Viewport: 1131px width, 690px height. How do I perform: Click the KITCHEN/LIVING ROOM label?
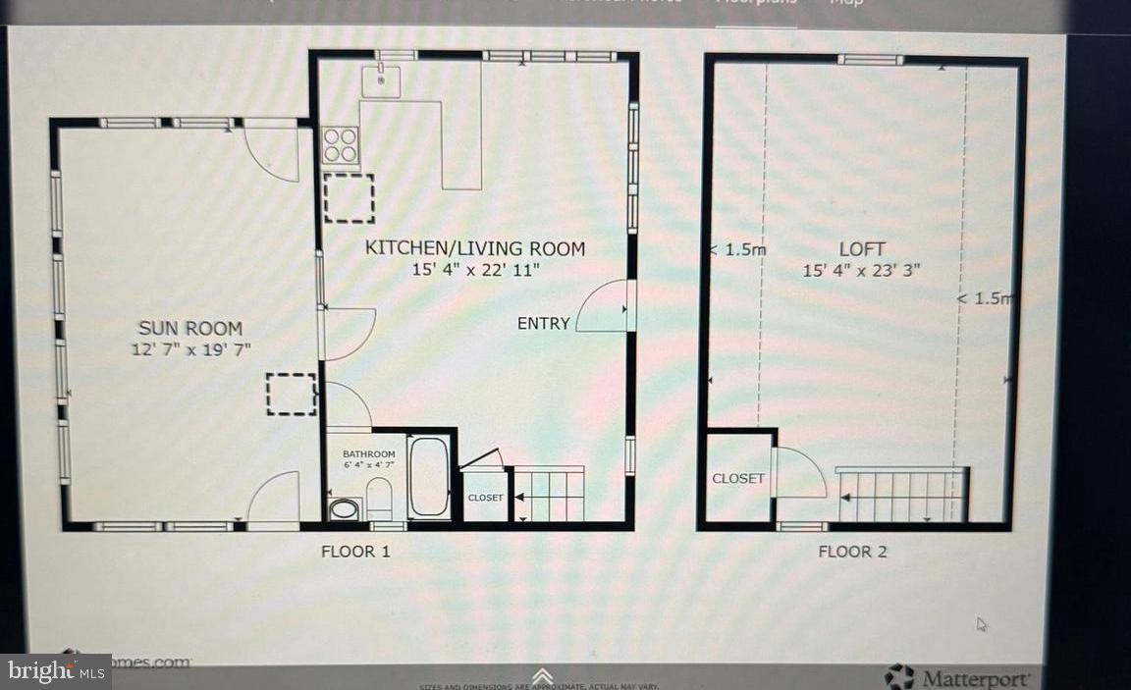[x=475, y=248]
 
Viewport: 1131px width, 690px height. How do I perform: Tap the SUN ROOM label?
[x=190, y=328]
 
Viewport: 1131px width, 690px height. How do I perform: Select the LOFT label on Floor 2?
[x=862, y=249]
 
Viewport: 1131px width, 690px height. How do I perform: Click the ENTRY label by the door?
[x=544, y=323]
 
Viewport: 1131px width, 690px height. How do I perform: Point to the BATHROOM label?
[x=368, y=453]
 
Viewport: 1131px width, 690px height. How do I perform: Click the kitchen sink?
[x=380, y=80]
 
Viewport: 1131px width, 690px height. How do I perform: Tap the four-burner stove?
[x=341, y=145]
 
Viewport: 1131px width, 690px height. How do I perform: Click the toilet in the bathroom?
[x=379, y=497]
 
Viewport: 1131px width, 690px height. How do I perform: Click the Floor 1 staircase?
[x=549, y=494]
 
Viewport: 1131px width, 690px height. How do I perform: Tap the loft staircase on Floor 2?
[x=901, y=496]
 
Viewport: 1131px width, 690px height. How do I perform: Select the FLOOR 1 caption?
[x=355, y=552]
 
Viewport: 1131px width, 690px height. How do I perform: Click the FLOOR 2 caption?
[x=852, y=552]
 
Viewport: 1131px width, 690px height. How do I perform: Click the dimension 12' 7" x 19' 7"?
[x=190, y=348]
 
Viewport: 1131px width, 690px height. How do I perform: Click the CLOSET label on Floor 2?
[x=738, y=478]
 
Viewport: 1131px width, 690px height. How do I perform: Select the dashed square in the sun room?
[x=291, y=394]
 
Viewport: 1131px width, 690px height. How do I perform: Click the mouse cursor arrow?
[x=982, y=624]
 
